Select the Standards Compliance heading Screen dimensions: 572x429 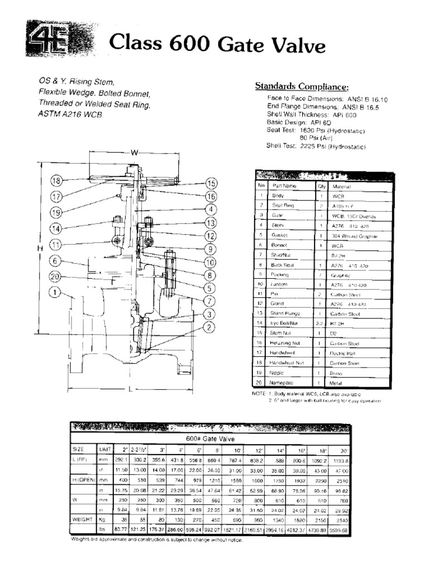[x=302, y=86]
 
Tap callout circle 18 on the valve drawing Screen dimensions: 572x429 [x=56, y=180]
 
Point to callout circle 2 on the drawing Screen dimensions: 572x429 [x=209, y=327]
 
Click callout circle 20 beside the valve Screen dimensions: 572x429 [x=55, y=277]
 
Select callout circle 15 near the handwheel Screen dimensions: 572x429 [x=211, y=183]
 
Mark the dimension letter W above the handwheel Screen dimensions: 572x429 [x=134, y=152]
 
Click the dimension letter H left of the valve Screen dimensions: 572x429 [x=39, y=248]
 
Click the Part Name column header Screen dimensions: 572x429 [x=284, y=185]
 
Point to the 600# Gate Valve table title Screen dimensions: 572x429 [x=209, y=439]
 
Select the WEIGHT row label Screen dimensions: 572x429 [x=83, y=519]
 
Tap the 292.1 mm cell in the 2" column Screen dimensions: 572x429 [x=121, y=460]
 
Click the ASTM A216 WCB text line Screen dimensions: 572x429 [x=71, y=114]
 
